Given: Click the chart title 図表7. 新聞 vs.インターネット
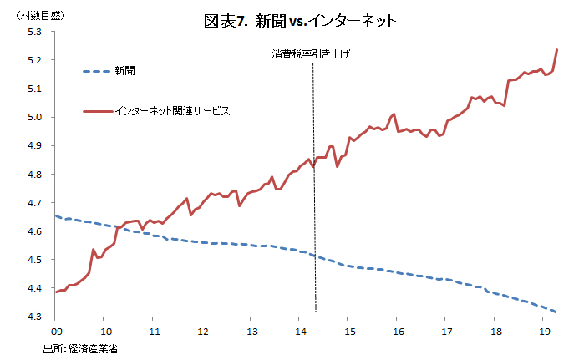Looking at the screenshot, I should (300, 20).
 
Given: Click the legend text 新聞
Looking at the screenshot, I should (125, 71).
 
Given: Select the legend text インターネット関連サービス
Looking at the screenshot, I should (172, 110).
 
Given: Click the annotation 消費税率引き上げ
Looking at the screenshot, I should (311, 53).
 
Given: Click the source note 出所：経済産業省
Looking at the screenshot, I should (80, 348).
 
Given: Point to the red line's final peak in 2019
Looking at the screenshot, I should (557, 50).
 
